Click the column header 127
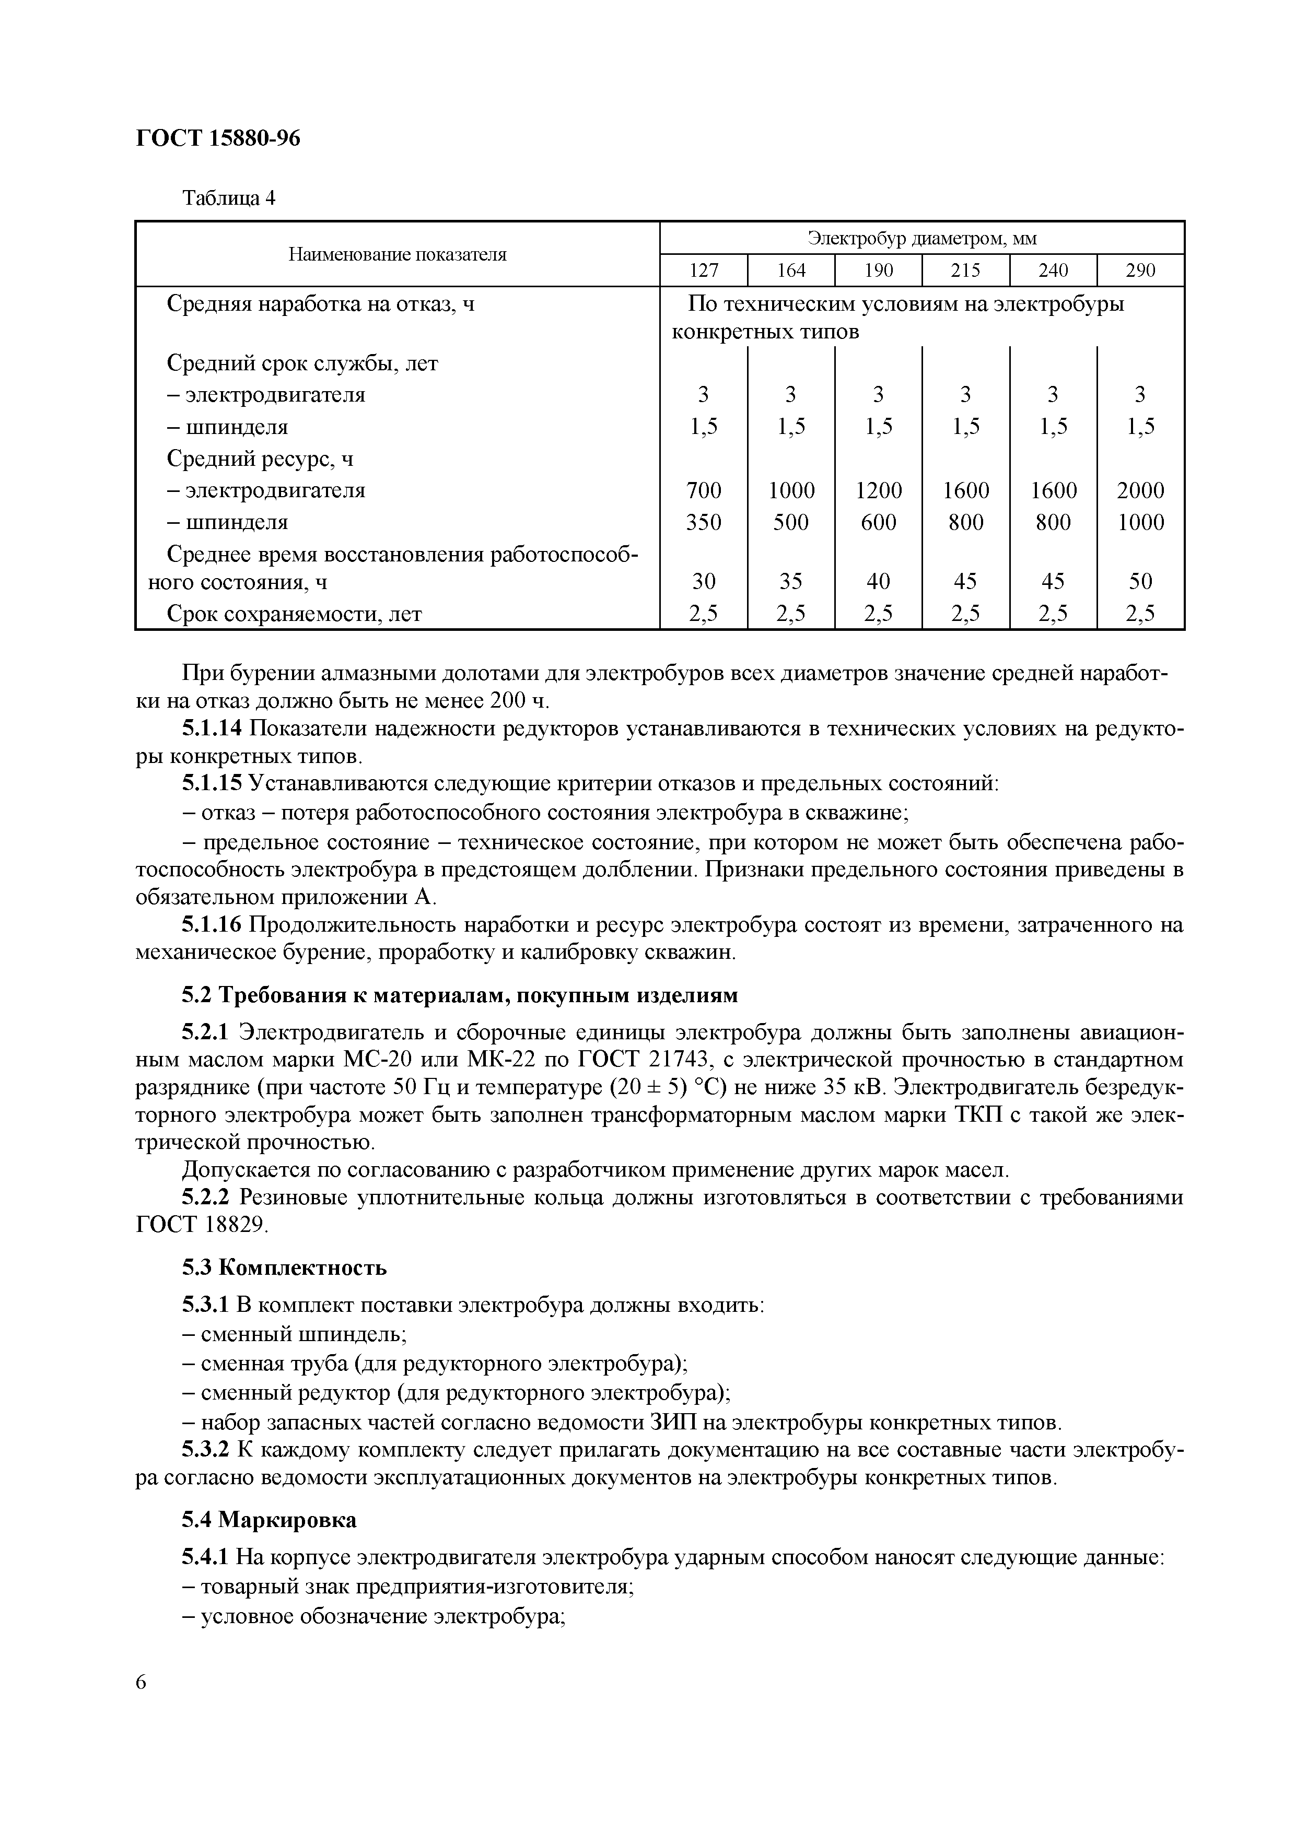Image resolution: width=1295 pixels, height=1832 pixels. [703, 271]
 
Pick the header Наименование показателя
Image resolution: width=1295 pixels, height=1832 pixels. [398, 254]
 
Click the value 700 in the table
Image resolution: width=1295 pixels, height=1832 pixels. [703, 490]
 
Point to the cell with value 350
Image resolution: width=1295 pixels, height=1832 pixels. [703, 522]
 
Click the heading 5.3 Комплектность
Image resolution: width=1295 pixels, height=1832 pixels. [284, 1268]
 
